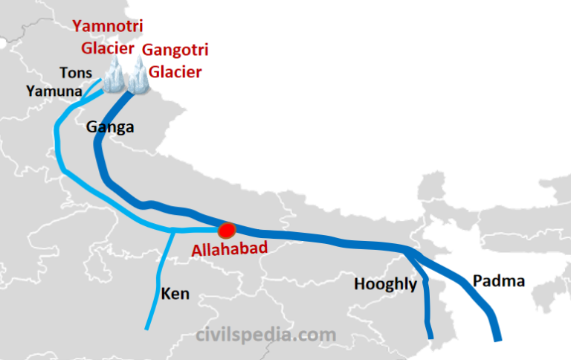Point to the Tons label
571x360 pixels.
coord(77,73)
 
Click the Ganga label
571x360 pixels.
coord(110,127)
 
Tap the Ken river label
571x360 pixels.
coord(175,294)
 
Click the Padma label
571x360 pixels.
coord(499,281)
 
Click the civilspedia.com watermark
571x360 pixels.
coord(265,335)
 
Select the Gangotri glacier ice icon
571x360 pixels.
coord(138,77)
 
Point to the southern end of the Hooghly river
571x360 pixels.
coord(430,337)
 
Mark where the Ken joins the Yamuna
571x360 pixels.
coord(174,231)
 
